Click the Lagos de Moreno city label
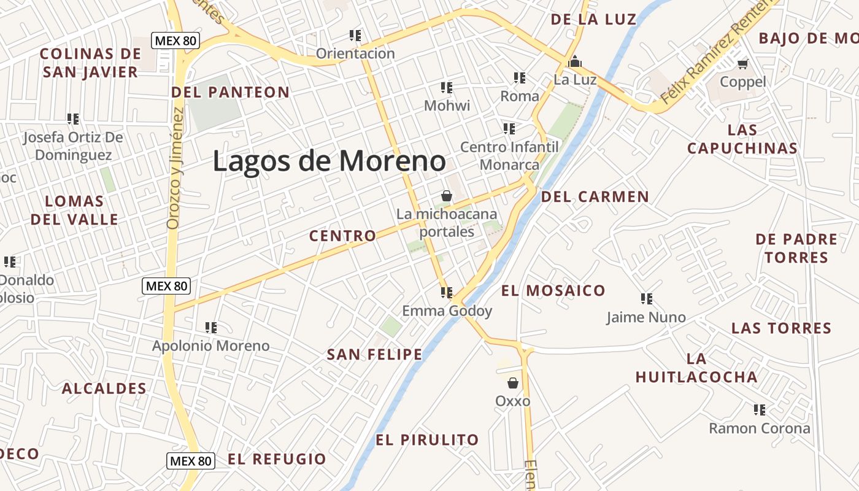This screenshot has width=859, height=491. tap(329, 161)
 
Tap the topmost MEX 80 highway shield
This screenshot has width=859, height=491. tap(175, 41)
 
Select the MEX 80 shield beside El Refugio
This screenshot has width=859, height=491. tap(191, 461)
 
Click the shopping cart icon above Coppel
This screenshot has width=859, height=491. tap(743, 63)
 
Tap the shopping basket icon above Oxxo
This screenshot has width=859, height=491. tap(513, 383)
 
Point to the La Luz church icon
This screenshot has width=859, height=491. tap(575, 61)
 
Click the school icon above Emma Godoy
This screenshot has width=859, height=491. tap(446, 292)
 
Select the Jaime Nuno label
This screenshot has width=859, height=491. tap(646, 317)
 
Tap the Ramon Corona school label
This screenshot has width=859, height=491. tap(760, 428)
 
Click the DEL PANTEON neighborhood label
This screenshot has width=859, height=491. tap(230, 93)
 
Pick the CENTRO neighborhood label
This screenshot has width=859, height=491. tap(342, 236)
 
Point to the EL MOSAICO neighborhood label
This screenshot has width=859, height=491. tap(553, 291)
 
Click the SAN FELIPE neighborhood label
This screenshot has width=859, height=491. tap(374, 355)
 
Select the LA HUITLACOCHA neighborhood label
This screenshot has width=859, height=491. tap(696, 368)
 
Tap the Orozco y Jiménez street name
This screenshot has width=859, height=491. tap(174, 168)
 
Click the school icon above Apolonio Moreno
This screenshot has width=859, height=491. tap(211, 327)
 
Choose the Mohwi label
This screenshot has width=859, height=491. tap(447, 106)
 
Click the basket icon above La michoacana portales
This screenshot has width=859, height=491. tap(447, 196)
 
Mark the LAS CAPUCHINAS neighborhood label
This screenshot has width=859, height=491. tap(742, 139)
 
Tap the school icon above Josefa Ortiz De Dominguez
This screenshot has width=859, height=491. tap(73, 118)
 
